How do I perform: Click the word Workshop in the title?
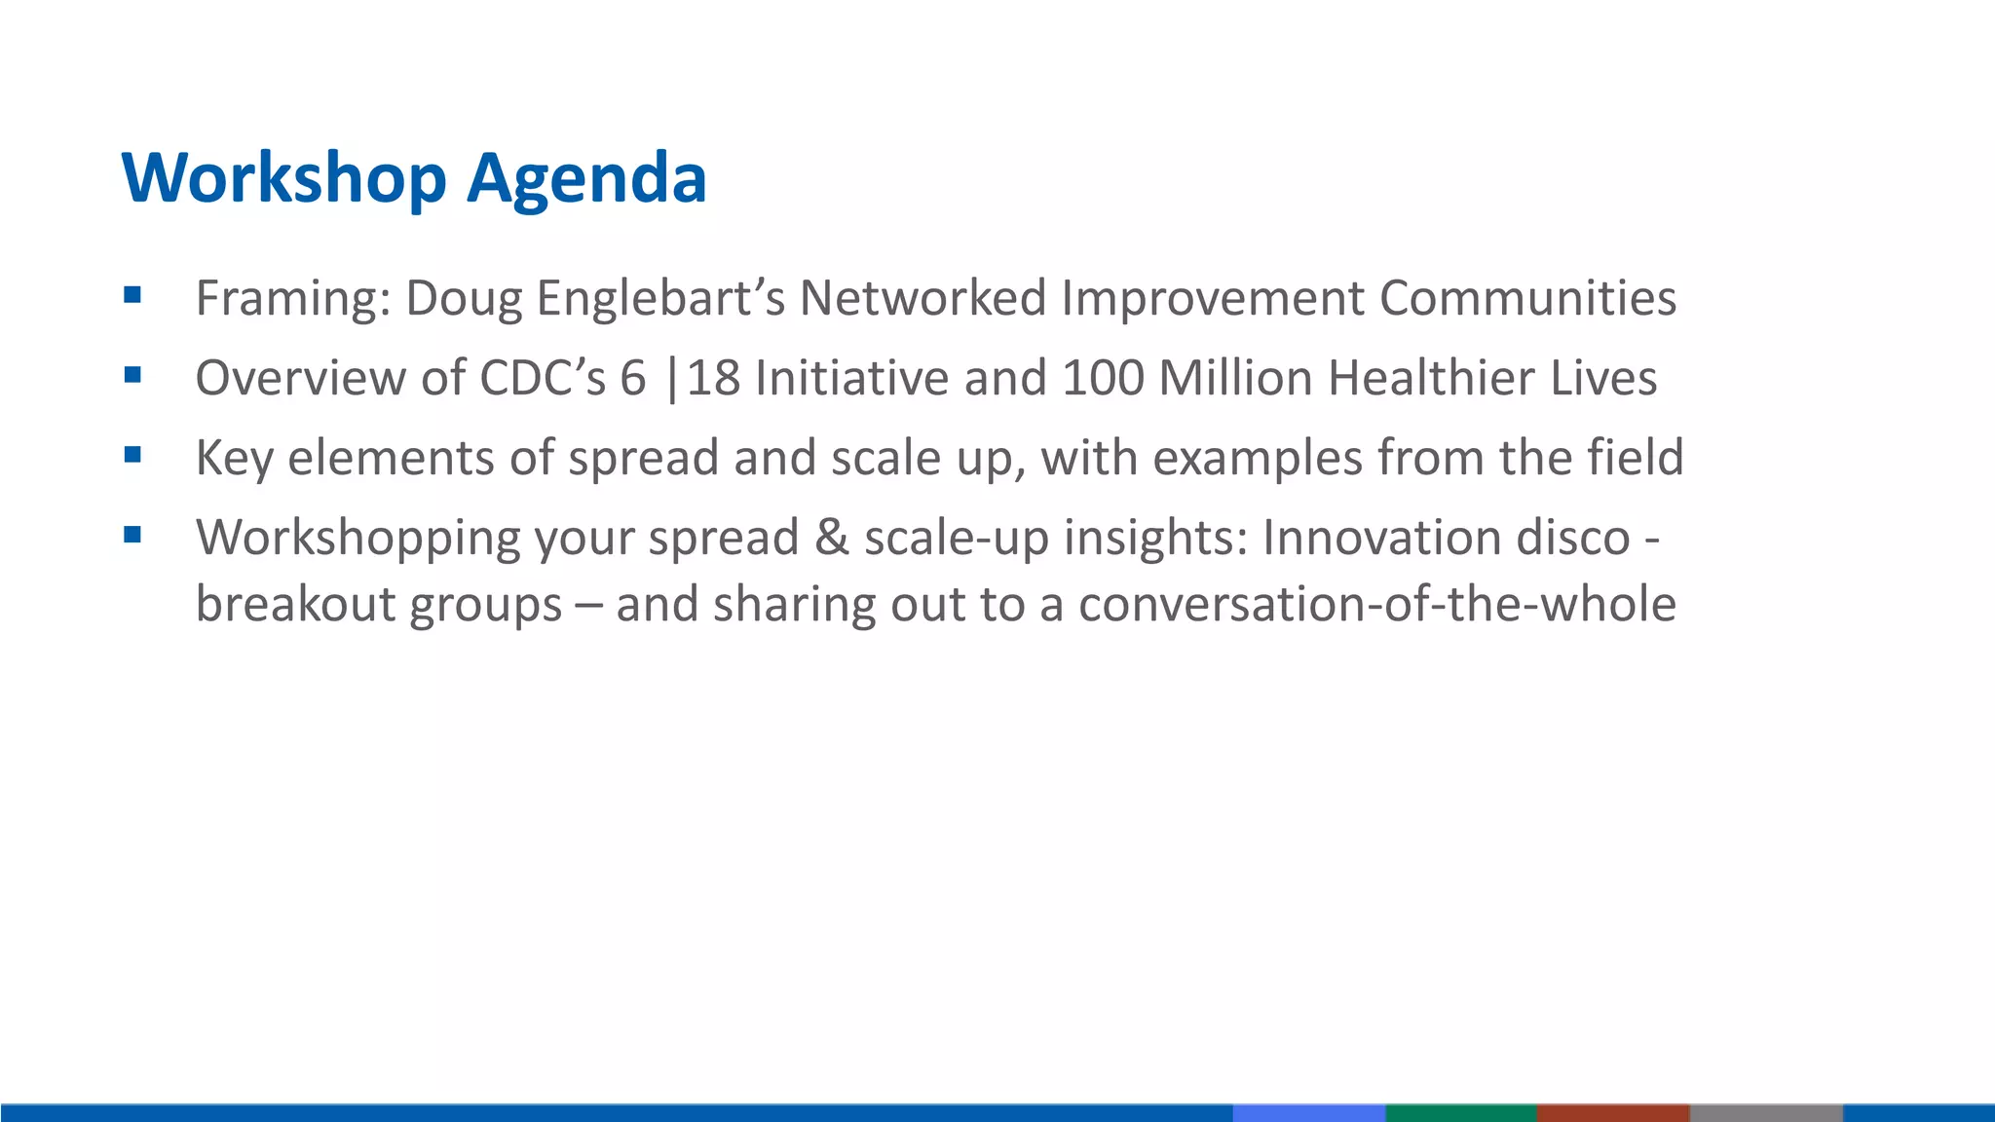283,179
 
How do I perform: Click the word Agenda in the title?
586,179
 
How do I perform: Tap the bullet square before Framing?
133,294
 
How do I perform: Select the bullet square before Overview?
133,374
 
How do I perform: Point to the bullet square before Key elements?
133,454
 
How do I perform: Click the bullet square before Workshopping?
133,534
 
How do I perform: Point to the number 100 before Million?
1103,378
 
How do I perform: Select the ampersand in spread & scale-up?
831,538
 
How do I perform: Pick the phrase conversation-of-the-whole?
1377,604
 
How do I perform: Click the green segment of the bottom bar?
1460,1112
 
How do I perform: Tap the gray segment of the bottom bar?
1765,1112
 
